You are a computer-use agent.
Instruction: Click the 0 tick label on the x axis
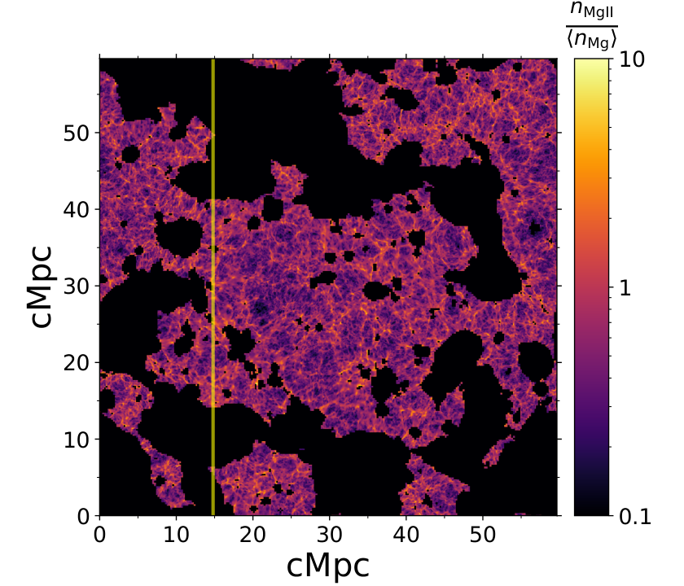[x=100, y=535]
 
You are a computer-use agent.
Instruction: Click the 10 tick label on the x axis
[x=176, y=535]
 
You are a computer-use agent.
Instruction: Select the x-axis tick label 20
[x=253, y=535]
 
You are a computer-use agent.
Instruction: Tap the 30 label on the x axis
[x=329, y=535]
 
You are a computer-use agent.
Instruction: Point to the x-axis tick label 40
[x=406, y=535]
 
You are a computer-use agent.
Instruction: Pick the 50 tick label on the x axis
[x=482, y=535]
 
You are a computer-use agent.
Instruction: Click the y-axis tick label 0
[x=83, y=517]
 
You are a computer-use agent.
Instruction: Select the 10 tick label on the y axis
[x=77, y=440]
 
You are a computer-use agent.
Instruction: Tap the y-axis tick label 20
[x=77, y=363]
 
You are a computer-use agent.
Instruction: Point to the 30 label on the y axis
[x=77, y=286]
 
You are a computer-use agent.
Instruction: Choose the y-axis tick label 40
[x=77, y=210]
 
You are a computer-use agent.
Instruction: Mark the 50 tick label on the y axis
[x=77, y=133]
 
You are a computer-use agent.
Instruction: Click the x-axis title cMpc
[x=328, y=565]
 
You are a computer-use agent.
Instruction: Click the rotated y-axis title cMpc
[x=42, y=286]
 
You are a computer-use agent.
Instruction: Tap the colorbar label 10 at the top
[x=632, y=59]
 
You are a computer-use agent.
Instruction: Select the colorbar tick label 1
[x=625, y=288]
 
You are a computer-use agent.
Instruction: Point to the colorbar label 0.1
[x=635, y=517]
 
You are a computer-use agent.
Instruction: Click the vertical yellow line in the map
[x=213, y=286]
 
